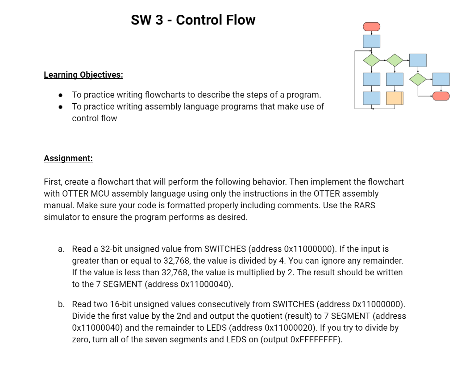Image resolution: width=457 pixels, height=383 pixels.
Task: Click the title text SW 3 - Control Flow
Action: click(x=193, y=20)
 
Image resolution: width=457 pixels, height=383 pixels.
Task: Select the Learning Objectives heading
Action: click(x=83, y=75)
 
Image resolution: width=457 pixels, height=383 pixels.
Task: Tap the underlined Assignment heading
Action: click(x=68, y=159)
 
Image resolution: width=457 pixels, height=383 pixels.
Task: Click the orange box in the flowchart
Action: click(x=394, y=98)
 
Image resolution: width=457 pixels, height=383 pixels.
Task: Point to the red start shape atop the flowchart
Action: click(x=371, y=26)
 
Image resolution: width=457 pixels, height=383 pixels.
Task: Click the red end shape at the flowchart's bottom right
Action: click(x=441, y=96)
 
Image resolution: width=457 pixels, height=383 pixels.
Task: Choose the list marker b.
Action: click(x=61, y=304)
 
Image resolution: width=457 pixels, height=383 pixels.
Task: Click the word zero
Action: click(x=82, y=340)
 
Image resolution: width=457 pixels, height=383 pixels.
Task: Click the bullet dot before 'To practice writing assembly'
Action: click(x=60, y=107)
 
